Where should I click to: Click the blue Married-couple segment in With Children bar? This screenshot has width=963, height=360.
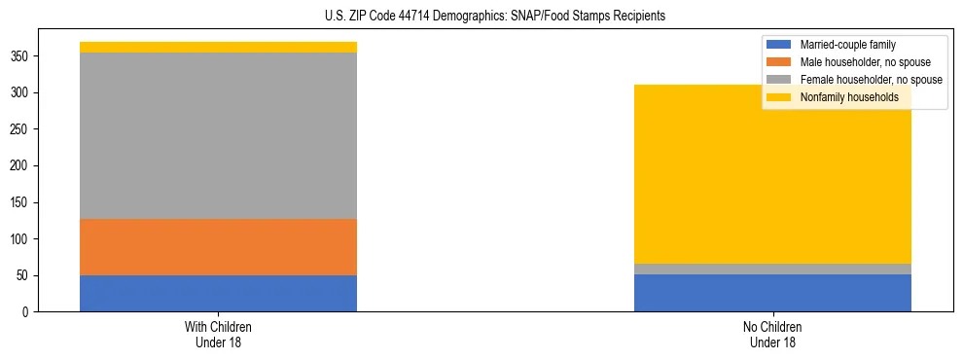[218, 293]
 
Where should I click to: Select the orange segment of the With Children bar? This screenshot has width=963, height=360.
[218, 247]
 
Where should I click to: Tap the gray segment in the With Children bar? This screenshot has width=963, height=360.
[218, 135]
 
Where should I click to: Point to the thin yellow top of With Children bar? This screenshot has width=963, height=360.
[218, 47]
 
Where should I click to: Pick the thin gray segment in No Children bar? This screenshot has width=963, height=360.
[772, 269]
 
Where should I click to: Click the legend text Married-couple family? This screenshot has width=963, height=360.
[847, 45]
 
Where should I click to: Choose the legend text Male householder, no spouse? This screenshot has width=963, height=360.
[858, 62]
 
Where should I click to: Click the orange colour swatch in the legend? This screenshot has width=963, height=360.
[779, 62]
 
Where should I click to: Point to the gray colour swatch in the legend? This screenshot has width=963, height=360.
[779, 80]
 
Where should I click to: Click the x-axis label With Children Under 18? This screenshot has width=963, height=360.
[218, 334]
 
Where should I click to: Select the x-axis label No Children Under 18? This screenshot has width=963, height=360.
[772, 334]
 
